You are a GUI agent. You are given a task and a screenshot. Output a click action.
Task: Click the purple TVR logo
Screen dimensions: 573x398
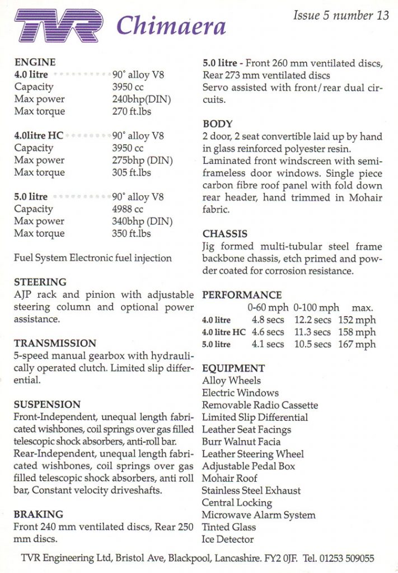[59, 26]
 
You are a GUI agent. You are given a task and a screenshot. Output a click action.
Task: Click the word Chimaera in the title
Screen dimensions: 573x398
[171, 25]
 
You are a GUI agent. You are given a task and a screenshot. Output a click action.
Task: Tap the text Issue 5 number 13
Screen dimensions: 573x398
[340, 16]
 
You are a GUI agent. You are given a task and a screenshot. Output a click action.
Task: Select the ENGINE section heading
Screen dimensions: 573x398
[35, 62]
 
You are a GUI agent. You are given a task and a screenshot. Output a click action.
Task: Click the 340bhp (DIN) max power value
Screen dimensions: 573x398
[142, 221]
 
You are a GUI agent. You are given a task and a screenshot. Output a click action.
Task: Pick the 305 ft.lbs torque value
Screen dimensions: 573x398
[132, 172]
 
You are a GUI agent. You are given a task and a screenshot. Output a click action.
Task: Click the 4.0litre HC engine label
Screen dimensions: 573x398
[39, 136]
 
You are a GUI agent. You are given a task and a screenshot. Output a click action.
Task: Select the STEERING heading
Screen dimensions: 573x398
[40, 282]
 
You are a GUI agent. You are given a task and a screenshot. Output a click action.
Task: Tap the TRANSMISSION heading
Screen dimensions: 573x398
[55, 343]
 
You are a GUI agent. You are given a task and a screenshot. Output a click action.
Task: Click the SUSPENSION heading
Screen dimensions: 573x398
[47, 404]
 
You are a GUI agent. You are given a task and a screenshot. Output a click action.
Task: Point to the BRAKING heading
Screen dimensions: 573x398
[38, 514]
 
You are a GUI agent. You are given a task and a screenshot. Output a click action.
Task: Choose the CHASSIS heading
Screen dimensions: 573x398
[224, 234]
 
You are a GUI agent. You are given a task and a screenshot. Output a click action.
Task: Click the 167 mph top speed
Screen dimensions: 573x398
[357, 344]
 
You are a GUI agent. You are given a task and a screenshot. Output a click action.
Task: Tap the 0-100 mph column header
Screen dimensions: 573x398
[316, 308]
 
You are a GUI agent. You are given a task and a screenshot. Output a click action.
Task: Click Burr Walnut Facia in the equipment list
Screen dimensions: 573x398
[241, 442]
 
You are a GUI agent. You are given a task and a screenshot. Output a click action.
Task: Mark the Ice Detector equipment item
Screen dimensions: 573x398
[228, 539]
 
